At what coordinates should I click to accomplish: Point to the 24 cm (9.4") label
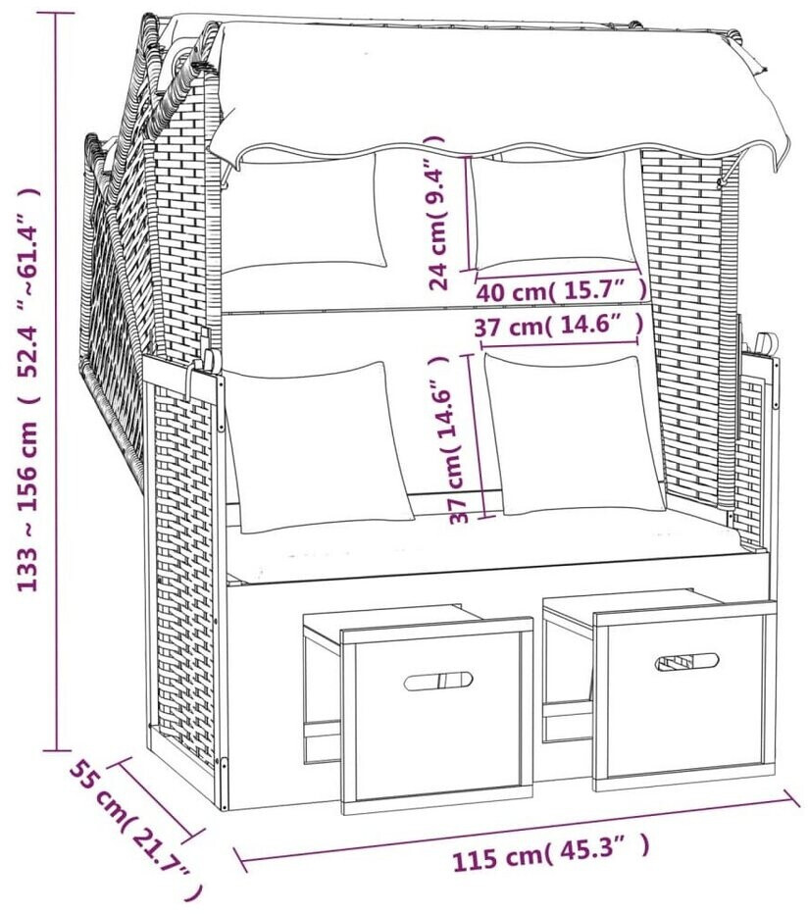click(x=436, y=213)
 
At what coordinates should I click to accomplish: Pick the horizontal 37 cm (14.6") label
click(x=559, y=326)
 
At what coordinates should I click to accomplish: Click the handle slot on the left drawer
click(x=437, y=681)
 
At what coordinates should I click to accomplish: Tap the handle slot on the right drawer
click(x=686, y=662)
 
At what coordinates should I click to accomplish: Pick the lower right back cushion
click(x=575, y=434)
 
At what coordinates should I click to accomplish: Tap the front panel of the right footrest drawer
click(x=684, y=696)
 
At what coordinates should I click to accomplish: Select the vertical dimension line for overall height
click(x=57, y=381)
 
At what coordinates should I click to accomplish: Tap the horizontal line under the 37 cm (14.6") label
click(x=559, y=343)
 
